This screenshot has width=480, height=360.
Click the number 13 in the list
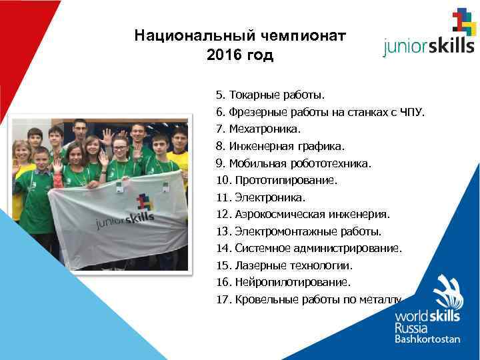coord(223,232)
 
